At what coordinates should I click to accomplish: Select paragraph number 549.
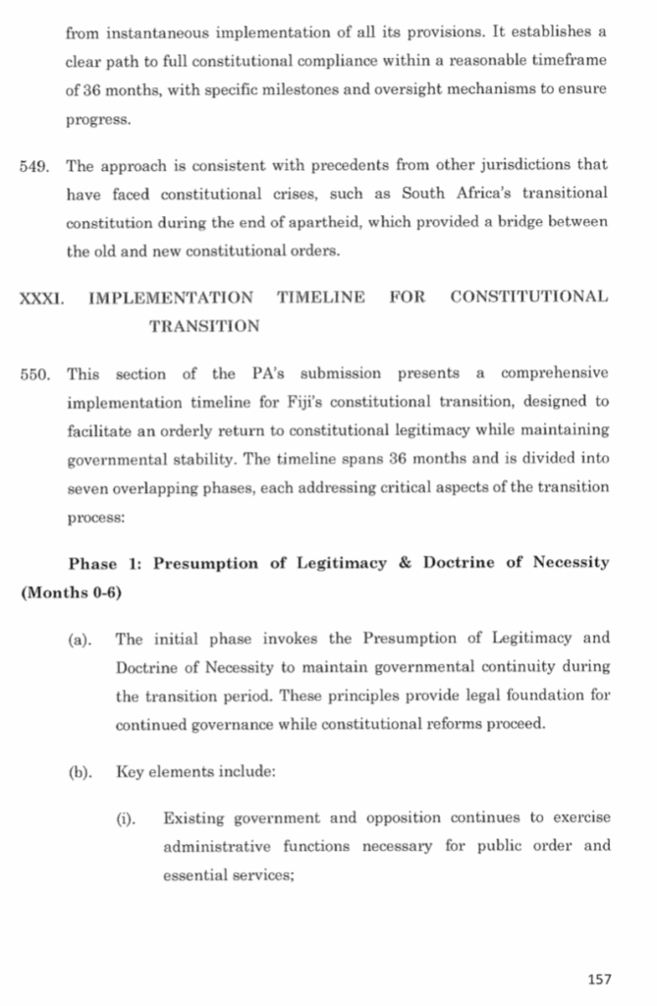point(35,165)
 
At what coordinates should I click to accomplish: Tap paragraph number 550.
point(35,374)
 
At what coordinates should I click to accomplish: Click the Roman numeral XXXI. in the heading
point(41,297)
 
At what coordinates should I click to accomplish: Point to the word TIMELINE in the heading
point(321,297)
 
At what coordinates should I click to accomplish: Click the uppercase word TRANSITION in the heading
point(204,326)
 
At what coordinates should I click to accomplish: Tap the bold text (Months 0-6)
point(70,593)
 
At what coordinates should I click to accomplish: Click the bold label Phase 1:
point(106,564)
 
